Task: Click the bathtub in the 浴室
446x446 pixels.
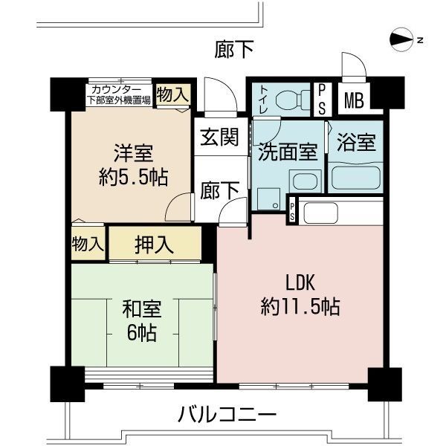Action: (x=355, y=176)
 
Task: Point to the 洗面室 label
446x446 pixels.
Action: (x=288, y=152)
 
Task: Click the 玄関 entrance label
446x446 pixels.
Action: (x=219, y=137)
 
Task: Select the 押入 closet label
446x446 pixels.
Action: (x=155, y=244)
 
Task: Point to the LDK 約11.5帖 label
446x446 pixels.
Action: (x=300, y=294)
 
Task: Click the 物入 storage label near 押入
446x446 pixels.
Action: (x=88, y=245)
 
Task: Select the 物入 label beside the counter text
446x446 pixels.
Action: (x=172, y=94)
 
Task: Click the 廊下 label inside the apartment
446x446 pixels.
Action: (x=220, y=190)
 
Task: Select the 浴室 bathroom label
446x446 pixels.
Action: (x=355, y=142)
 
